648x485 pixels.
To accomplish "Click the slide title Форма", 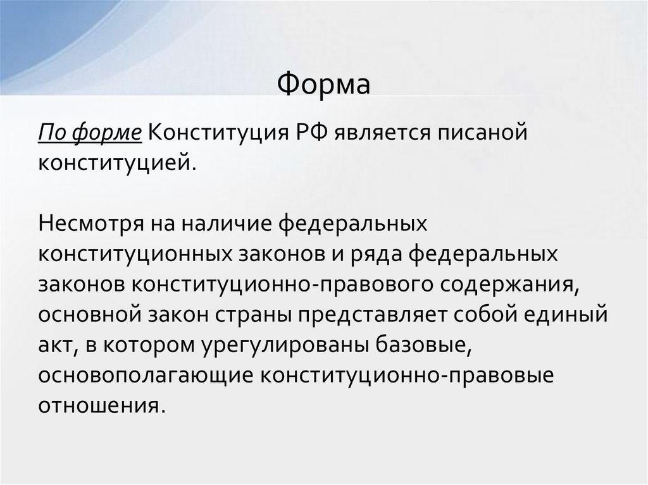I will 324,83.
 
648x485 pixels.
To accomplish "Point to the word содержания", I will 510,283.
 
